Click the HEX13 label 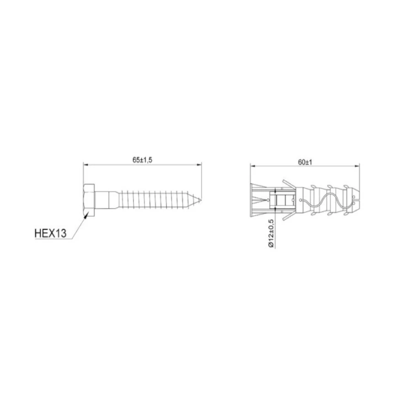point(51,233)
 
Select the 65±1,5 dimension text point(142,160)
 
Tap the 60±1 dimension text point(305,162)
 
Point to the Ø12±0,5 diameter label point(271,233)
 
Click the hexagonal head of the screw point(89,200)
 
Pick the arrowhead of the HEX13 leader point(86,215)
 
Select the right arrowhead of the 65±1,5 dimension point(199,165)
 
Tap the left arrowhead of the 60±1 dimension point(254,166)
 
